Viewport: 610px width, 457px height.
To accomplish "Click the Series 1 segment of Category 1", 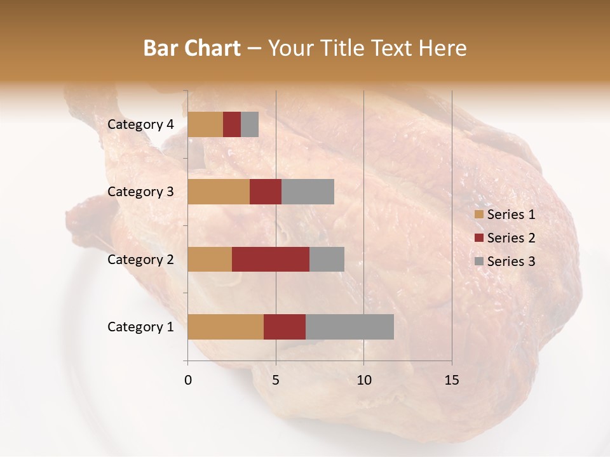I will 226,326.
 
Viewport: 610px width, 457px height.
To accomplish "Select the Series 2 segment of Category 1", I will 285,326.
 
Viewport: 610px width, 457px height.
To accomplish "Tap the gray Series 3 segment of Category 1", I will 349,326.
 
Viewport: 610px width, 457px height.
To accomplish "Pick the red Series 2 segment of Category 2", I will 271,259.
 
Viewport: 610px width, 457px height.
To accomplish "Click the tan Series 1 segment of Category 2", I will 210,259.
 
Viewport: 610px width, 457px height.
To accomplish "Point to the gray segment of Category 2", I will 327,259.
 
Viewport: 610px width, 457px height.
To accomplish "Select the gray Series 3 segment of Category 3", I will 308,192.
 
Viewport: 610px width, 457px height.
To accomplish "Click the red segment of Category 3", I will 266,192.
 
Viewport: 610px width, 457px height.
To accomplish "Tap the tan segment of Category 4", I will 205,124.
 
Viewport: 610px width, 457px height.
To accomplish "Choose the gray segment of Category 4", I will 250,124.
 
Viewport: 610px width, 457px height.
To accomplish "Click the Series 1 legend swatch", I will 478,215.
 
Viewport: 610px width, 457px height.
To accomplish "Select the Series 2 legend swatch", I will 478,238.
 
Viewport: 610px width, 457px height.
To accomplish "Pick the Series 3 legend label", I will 511,262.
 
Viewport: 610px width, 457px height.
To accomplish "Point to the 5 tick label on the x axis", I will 276,380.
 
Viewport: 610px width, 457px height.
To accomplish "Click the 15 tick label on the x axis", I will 451,380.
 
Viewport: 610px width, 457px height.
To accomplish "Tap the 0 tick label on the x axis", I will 188,380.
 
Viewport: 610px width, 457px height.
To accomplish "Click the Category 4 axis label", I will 140,124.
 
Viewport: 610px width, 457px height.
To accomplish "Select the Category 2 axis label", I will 140,259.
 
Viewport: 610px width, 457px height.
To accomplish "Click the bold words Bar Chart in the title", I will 192,48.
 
